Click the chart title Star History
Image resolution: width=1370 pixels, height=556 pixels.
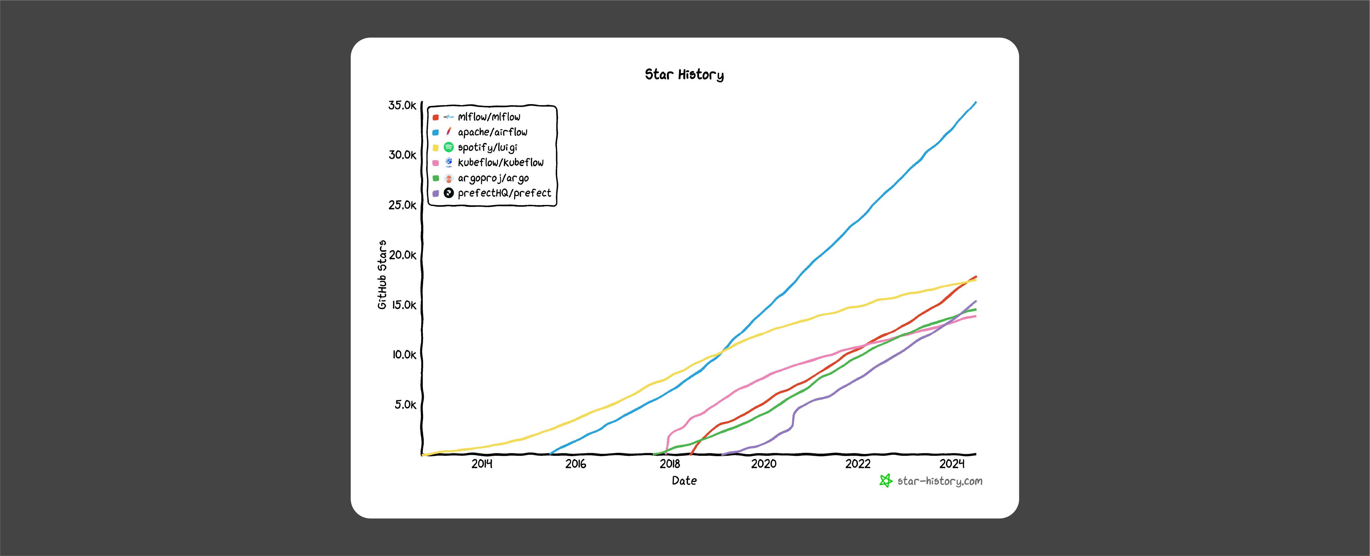[x=684, y=75]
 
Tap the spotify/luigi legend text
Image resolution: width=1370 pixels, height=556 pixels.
[x=487, y=147]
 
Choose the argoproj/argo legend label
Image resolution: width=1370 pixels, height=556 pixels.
[x=493, y=178]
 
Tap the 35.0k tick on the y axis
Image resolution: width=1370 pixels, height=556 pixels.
[x=402, y=105]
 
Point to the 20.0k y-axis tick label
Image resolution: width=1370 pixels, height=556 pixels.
[x=403, y=255]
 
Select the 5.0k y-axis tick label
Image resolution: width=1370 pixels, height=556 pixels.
[x=405, y=405]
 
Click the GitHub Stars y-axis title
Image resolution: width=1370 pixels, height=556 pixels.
[x=382, y=274]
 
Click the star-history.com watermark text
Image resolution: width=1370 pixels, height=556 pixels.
[x=940, y=481]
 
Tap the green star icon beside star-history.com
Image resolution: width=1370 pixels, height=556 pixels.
[x=886, y=480]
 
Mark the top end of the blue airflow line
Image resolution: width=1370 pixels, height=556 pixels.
[x=975, y=102]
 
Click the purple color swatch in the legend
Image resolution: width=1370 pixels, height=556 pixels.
[x=436, y=193]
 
